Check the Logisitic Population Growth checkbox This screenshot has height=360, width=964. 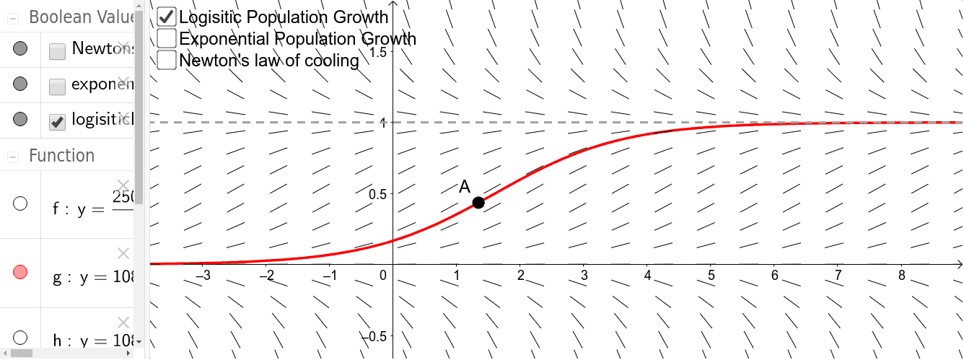(x=167, y=17)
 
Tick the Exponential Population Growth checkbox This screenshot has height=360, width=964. (x=167, y=38)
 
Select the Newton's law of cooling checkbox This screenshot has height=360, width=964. (x=167, y=60)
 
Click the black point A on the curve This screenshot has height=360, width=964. (x=478, y=203)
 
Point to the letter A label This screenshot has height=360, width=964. (x=465, y=187)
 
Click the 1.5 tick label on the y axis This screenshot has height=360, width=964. (x=377, y=52)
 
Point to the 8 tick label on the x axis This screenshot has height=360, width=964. (x=902, y=275)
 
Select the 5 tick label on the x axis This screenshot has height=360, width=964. (x=711, y=275)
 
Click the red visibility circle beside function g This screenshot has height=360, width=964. (x=20, y=272)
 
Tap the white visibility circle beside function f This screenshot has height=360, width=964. (x=20, y=203)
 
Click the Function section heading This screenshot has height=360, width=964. (x=61, y=156)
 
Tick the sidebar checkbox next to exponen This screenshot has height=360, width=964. (x=57, y=87)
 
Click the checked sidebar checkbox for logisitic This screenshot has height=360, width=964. (x=57, y=122)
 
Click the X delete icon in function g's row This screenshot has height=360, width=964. (x=123, y=253)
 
